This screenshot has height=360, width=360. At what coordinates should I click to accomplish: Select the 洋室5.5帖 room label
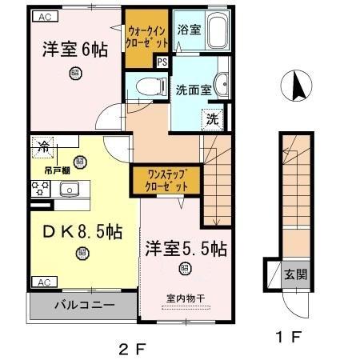click(x=186, y=249)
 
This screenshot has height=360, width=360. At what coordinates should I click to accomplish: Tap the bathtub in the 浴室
click(x=215, y=31)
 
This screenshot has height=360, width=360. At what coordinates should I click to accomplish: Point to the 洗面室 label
click(x=193, y=90)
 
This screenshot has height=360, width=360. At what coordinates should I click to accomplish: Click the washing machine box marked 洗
click(x=213, y=120)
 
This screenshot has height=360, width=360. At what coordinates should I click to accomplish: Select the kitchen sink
click(x=68, y=189)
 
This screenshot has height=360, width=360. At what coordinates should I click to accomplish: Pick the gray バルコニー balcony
click(x=83, y=305)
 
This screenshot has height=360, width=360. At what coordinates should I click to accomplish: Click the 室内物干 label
click(x=186, y=299)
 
